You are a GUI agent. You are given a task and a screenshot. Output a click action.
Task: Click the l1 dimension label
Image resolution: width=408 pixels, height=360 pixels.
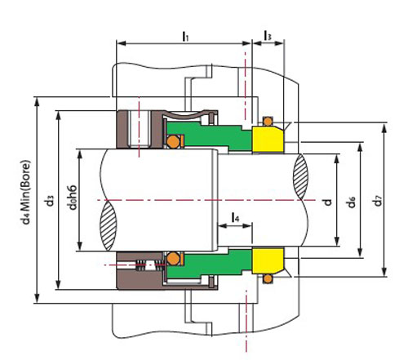point(185,37)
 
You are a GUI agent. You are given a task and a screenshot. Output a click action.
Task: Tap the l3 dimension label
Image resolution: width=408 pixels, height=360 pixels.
point(268,36)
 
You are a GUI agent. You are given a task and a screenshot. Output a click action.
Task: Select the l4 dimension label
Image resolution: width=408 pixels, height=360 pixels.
point(235,217)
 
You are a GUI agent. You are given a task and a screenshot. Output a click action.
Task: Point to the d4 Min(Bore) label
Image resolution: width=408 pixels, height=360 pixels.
point(25,193)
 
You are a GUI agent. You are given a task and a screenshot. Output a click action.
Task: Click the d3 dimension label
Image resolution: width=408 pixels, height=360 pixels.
point(50,201)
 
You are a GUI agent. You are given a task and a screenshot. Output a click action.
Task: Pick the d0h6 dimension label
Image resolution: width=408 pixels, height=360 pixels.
point(73,198)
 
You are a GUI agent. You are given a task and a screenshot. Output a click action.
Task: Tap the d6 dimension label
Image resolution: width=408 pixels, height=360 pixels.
point(352,202)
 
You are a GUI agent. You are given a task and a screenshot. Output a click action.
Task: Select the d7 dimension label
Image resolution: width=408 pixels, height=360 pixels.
point(378,201)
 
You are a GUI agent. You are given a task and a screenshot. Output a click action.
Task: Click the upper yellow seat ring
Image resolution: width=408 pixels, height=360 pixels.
point(268,139)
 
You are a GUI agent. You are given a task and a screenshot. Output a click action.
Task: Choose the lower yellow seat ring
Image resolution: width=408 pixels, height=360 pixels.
point(268,260)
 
